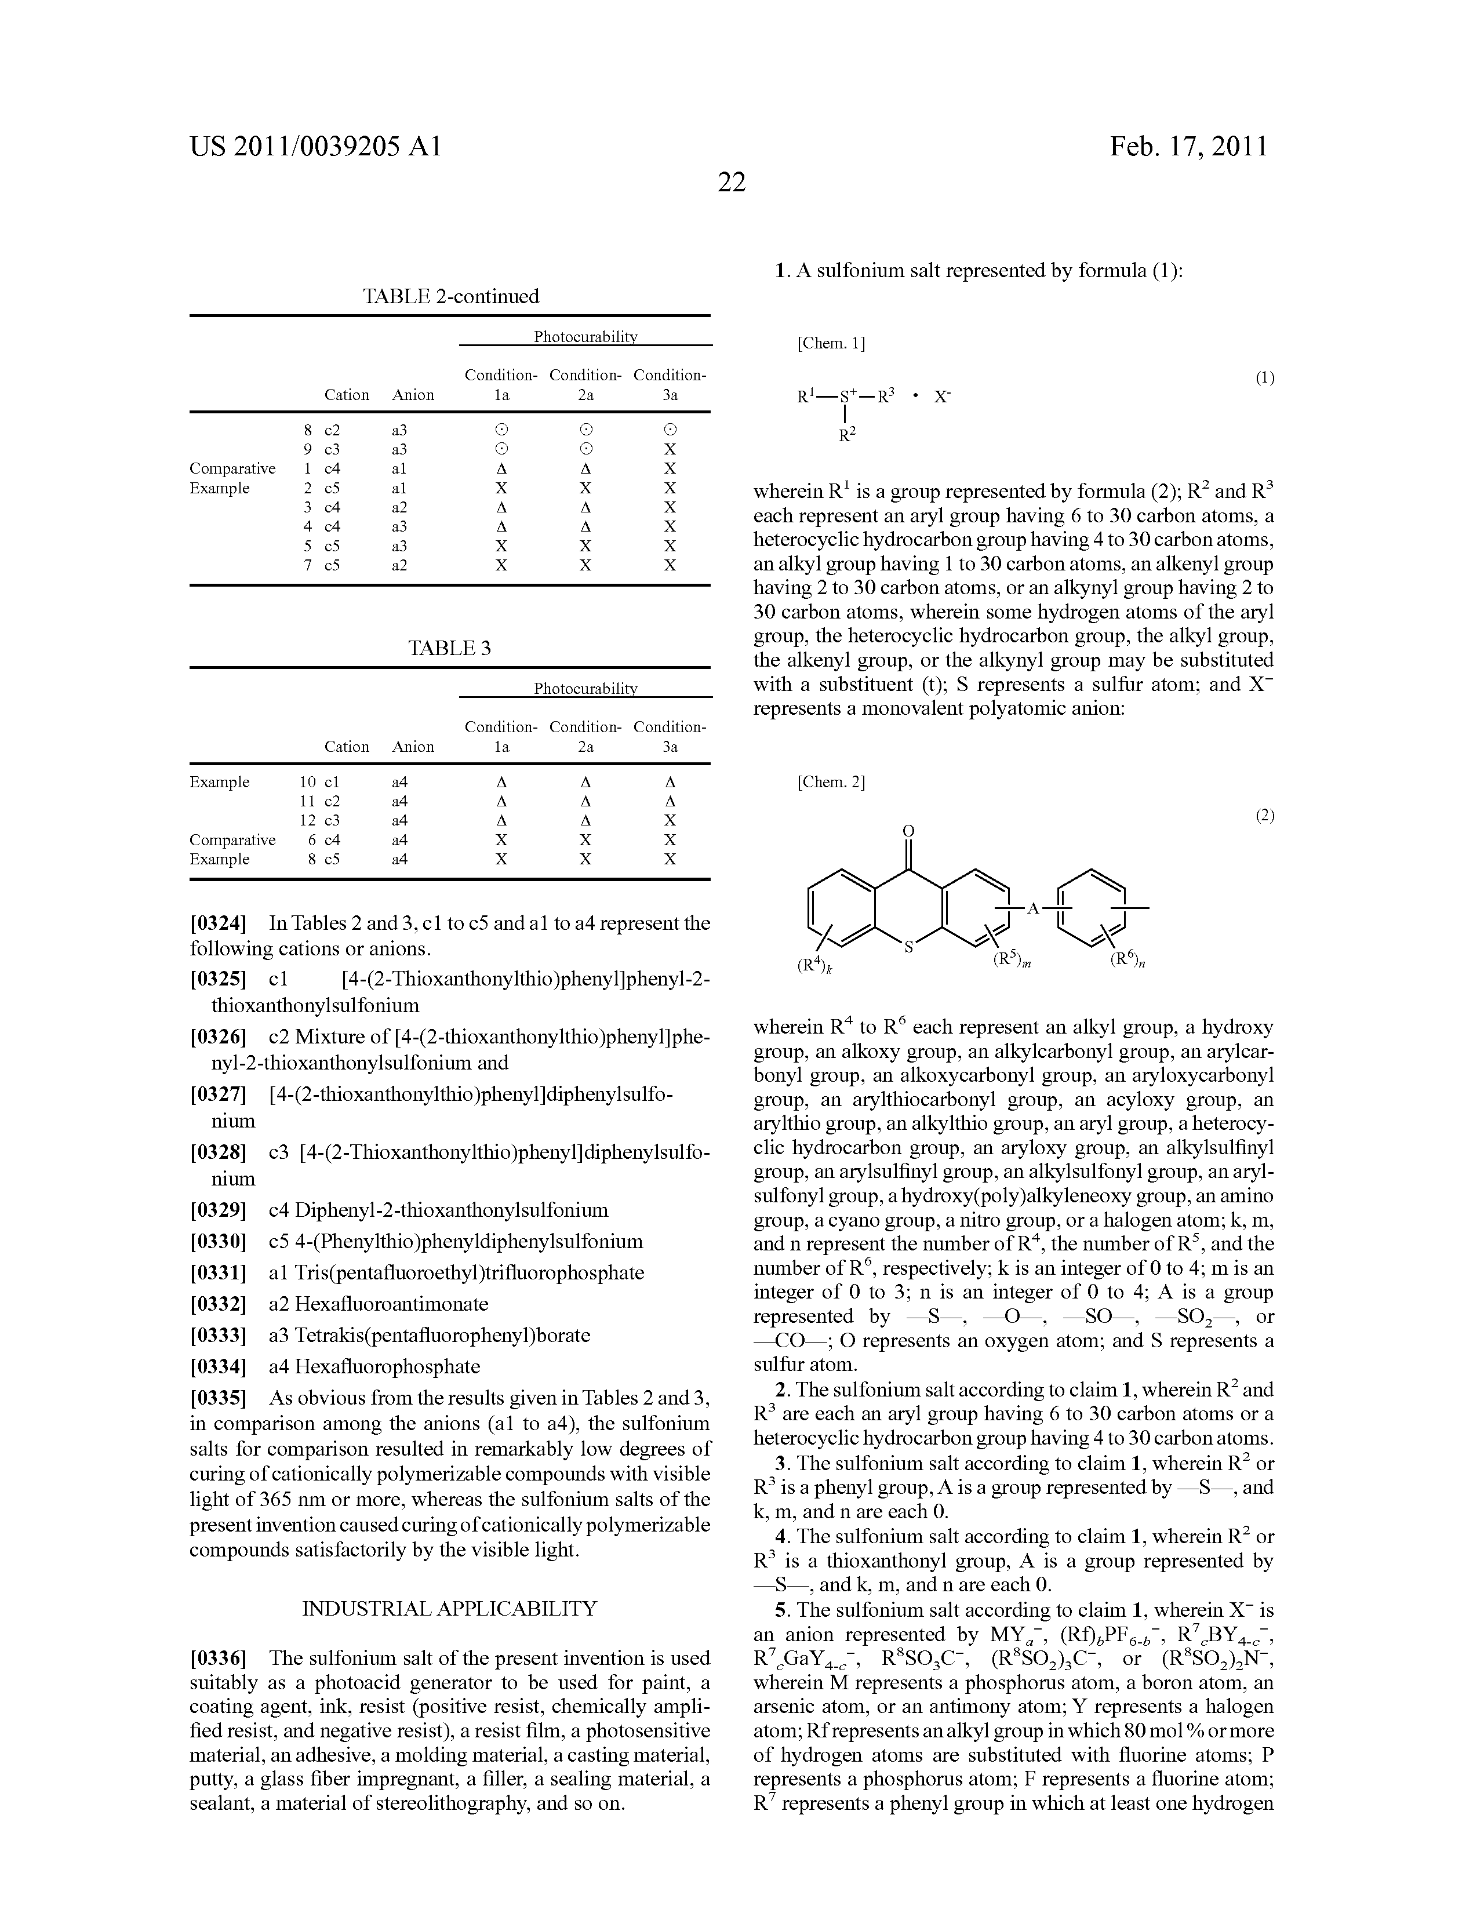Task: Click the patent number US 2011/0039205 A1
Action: coord(317,146)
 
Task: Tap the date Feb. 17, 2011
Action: coord(1189,146)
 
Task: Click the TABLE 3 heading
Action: coord(449,648)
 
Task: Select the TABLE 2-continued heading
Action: coord(450,296)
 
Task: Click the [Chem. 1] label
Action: coord(831,343)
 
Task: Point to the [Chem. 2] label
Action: coord(831,782)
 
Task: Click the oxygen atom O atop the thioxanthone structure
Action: coord(908,830)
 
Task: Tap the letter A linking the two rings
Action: coord(1033,909)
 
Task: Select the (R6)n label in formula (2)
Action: coord(1128,961)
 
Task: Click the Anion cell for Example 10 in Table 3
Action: coord(399,782)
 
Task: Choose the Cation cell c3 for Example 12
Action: coord(332,821)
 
